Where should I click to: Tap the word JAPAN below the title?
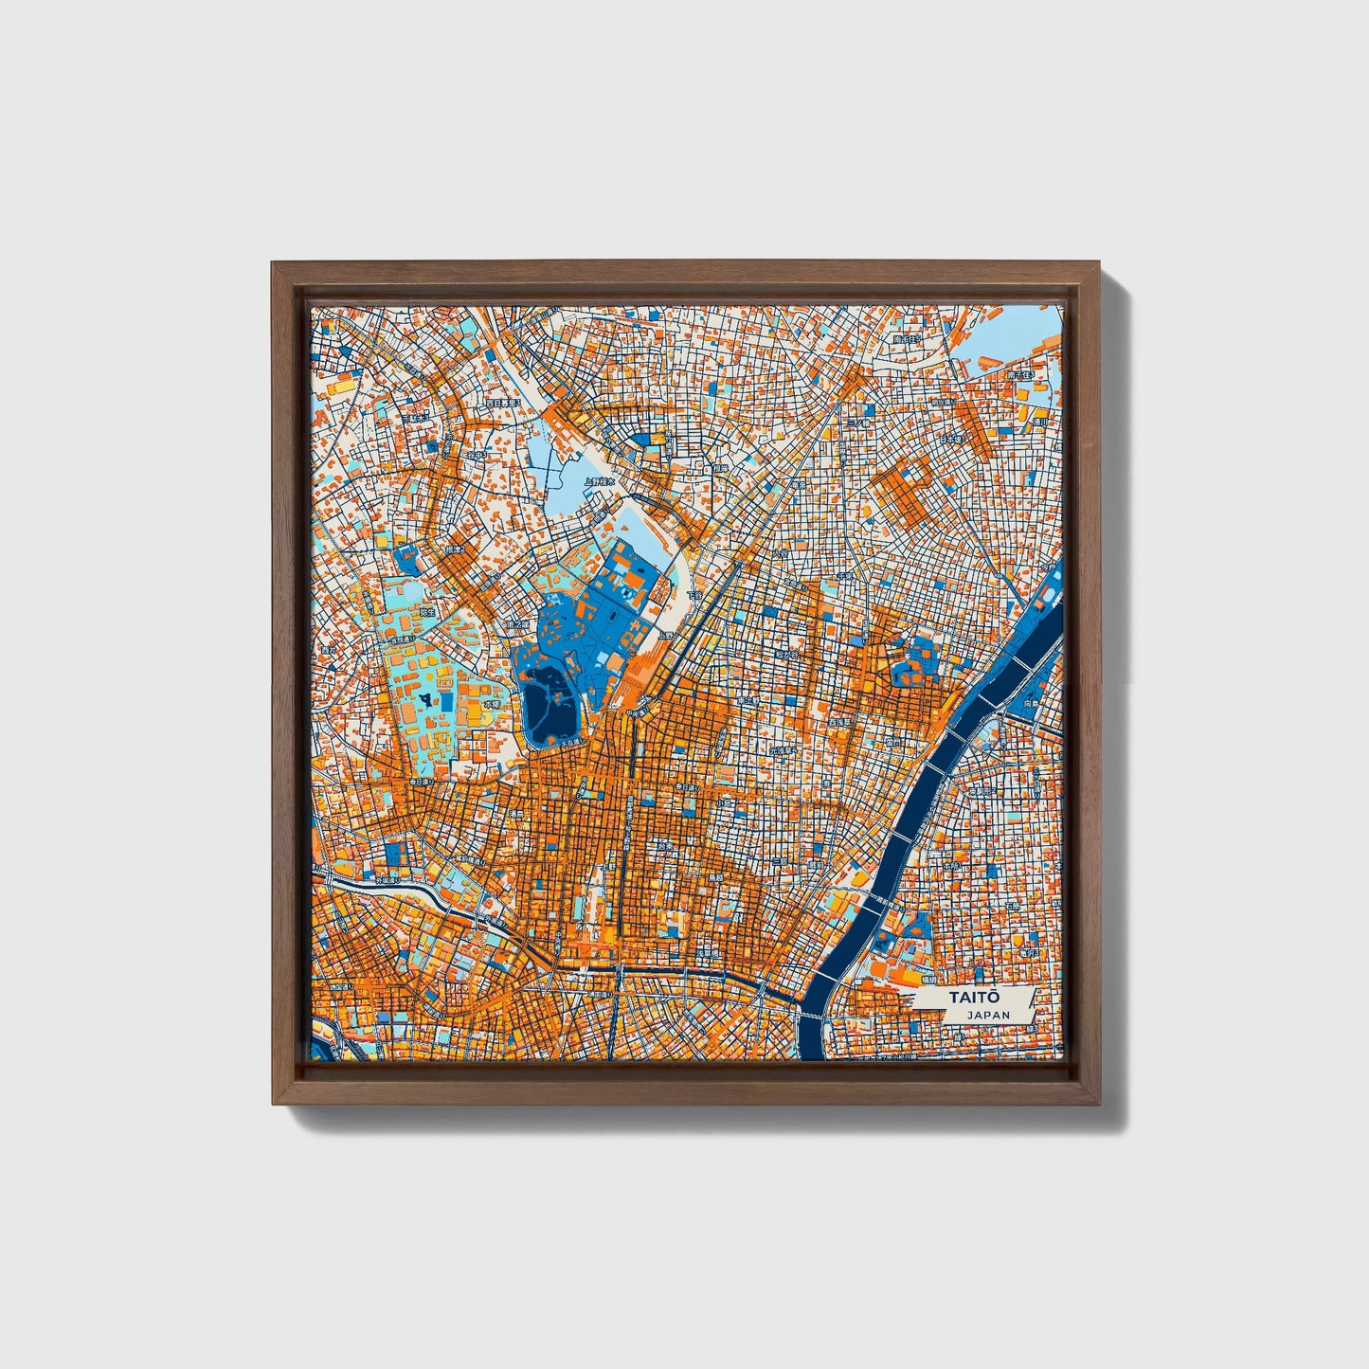[988, 1015]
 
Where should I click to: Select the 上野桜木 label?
[599, 481]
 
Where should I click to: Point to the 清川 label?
[1039, 422]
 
